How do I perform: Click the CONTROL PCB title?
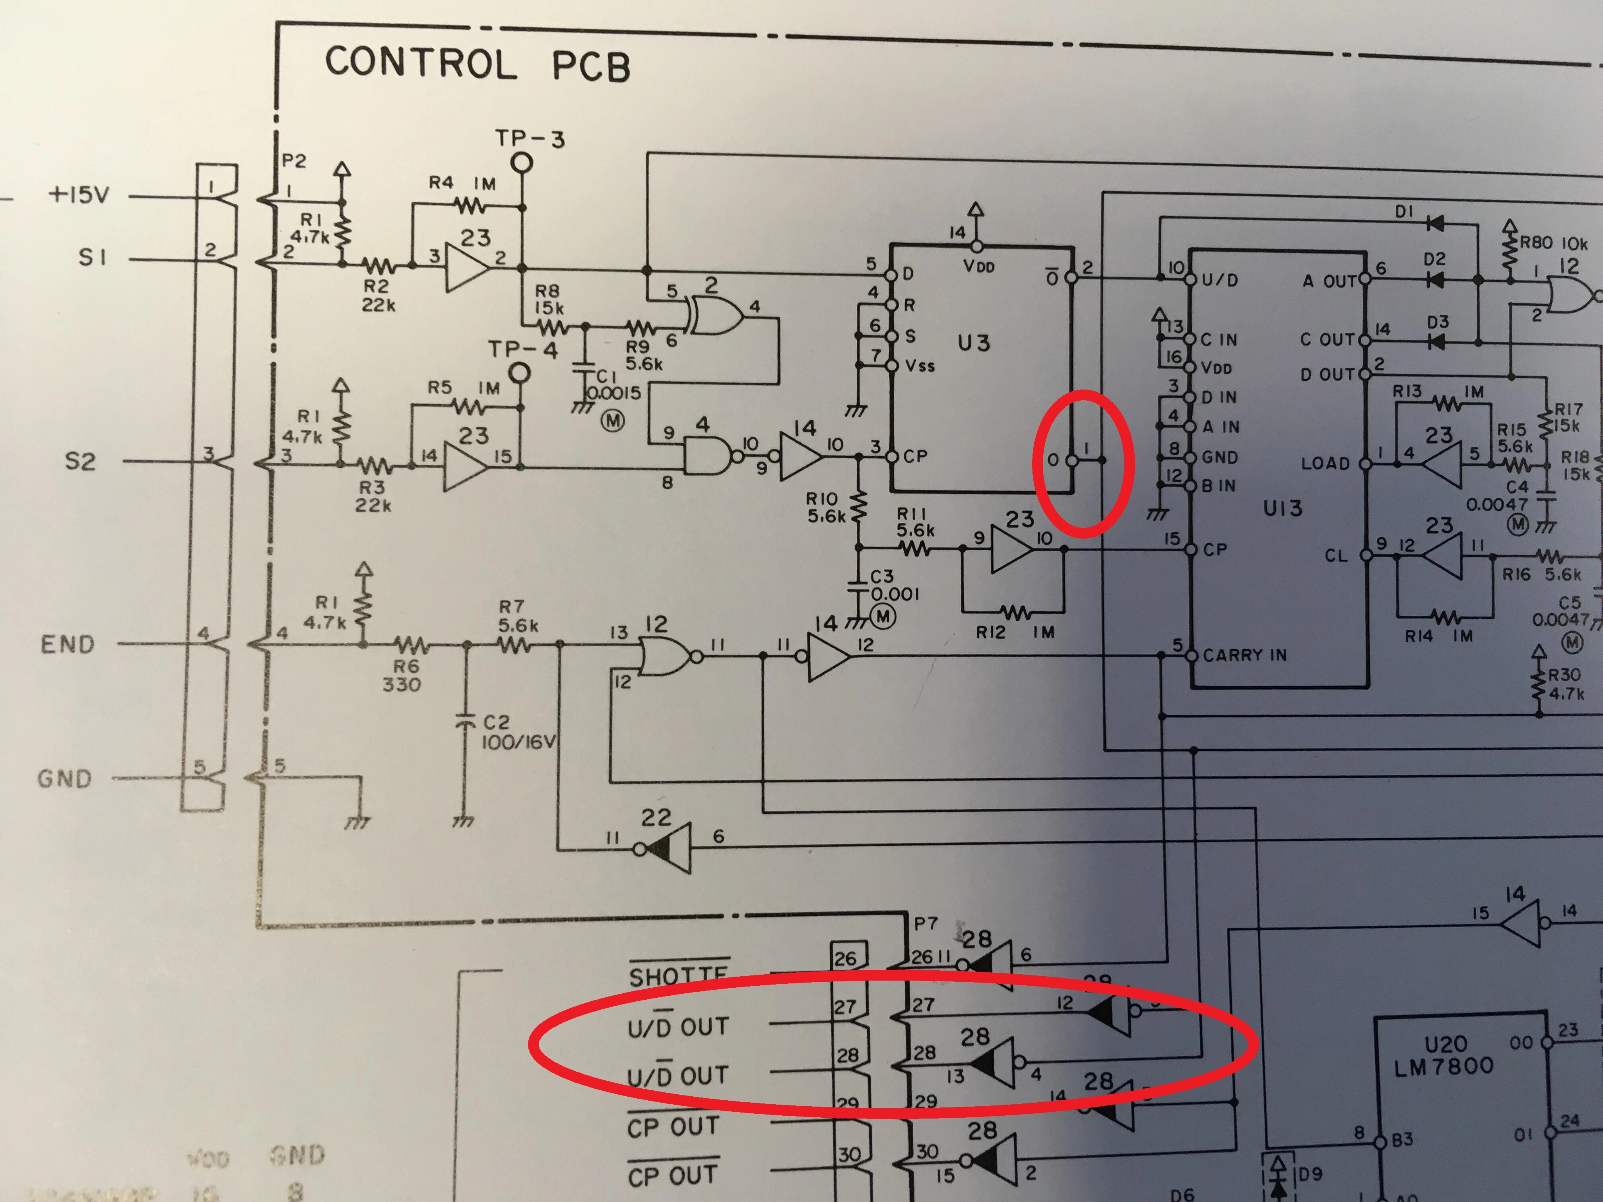coord(476,64)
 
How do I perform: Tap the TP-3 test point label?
coord(530,138)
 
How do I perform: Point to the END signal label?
coord(68,644)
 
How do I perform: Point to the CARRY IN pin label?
coord(1244,655)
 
